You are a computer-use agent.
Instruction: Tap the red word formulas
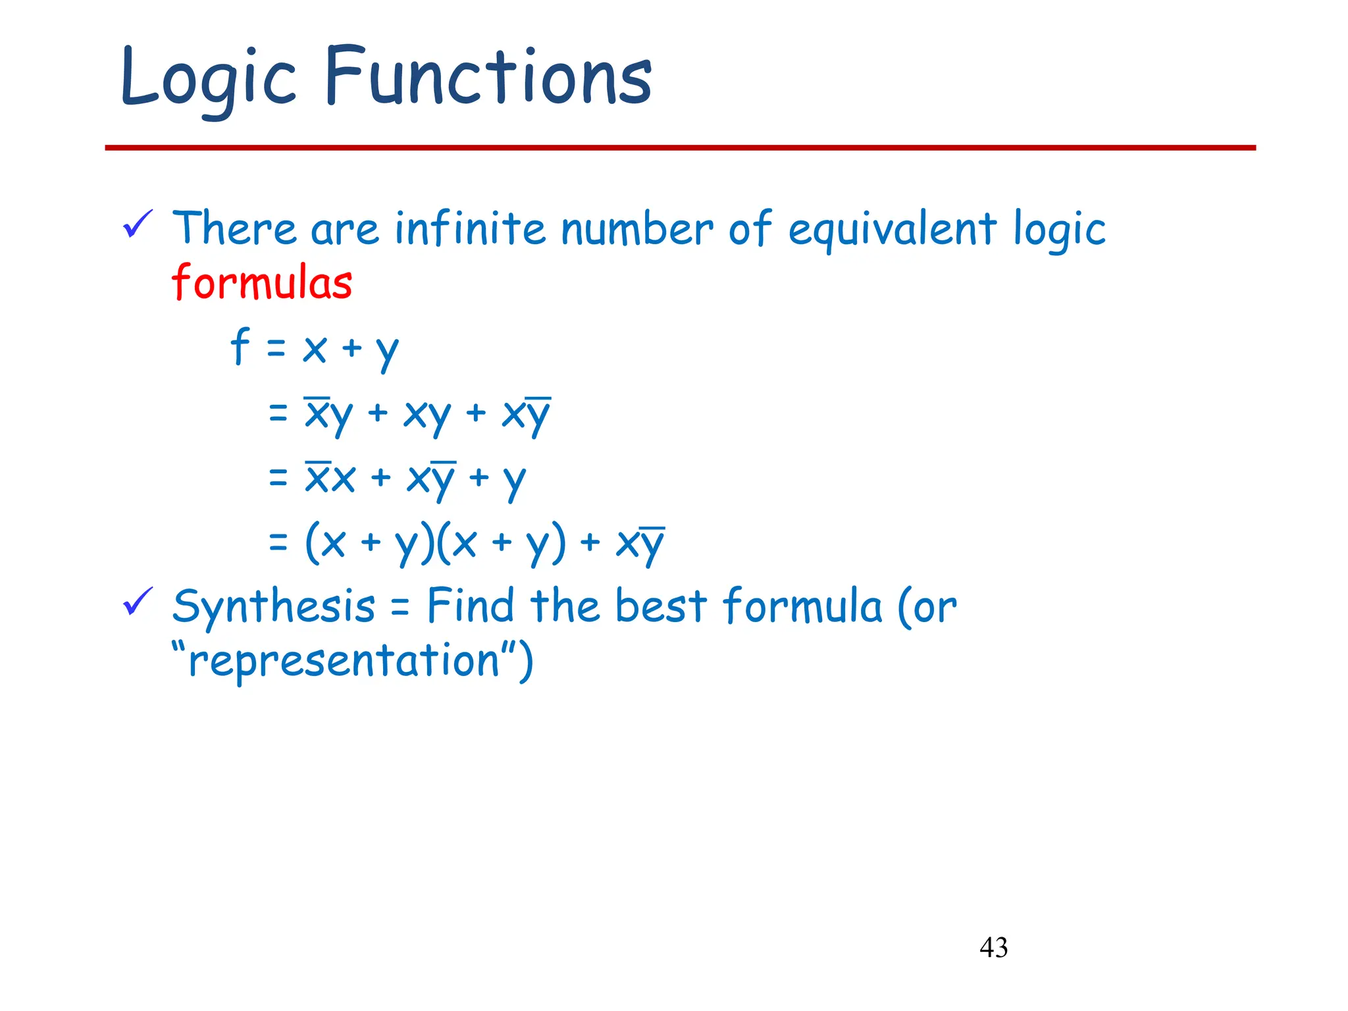(262, 282)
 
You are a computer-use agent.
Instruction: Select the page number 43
(993, 947)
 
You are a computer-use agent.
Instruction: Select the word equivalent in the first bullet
(893, 230)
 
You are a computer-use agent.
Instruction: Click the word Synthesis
(273, 606)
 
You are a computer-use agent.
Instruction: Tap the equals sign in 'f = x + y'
(276, 348)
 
